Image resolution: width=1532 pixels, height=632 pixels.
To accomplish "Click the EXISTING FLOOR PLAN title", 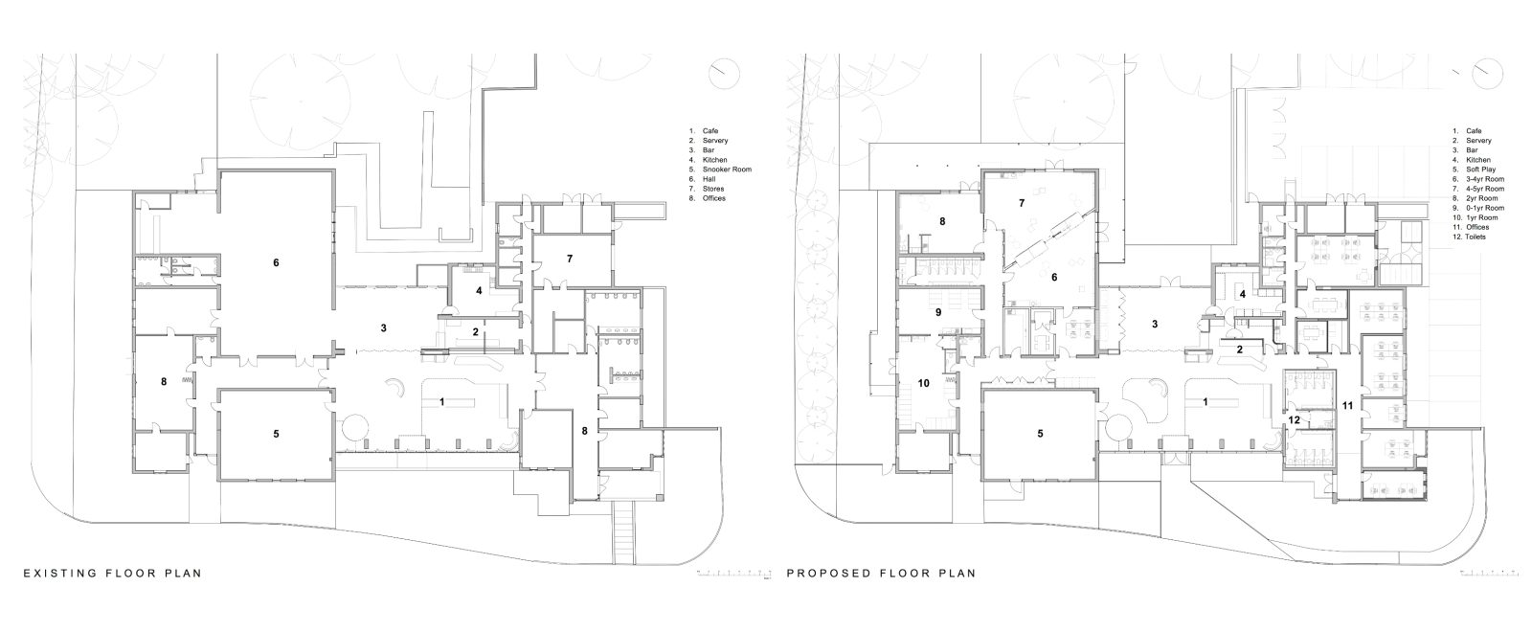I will [112, 574].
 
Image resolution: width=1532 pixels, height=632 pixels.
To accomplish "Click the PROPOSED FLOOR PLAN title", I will [881, 574].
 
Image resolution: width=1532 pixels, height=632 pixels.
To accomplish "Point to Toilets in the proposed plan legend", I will [1474, 237].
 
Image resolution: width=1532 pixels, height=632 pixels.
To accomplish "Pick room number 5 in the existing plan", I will [276, 434].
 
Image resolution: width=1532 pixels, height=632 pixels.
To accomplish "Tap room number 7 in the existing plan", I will [570, 259].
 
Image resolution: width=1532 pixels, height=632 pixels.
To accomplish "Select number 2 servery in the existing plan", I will [476, 332].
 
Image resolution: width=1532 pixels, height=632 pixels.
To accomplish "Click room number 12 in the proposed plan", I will [1294, 418].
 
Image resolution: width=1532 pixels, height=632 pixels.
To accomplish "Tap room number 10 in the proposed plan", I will [923, 383].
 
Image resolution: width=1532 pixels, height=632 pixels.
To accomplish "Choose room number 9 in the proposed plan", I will [938, 312].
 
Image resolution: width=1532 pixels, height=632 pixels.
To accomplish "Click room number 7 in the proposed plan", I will [1021, 204].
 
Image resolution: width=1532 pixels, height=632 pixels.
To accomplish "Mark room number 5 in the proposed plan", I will [1039, 433].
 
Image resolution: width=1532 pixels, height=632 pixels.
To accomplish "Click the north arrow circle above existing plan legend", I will [725, 72].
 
